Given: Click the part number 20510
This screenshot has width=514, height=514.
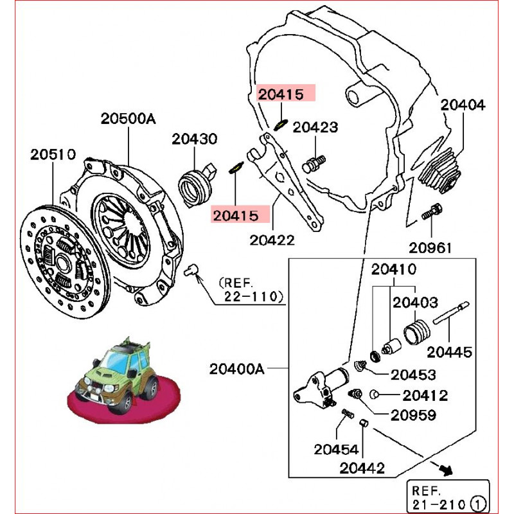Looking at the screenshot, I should tap(54, 155).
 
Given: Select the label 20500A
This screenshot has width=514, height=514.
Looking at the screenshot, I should tap(128, 119).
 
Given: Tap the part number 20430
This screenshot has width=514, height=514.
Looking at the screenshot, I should tap(195, 139).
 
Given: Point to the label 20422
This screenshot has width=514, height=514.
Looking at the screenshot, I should tap(272, 240).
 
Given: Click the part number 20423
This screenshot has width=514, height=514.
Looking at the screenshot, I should tap(315, 127).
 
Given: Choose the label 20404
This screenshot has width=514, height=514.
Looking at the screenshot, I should tap(463, 105).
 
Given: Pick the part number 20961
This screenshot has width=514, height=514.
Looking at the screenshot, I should tap(432, 247).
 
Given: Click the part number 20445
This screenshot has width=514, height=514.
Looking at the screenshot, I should tap(450, 352).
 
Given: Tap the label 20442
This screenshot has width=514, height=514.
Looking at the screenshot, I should tap(363, 468).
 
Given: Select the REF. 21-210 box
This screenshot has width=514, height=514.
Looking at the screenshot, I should tap(448, 496).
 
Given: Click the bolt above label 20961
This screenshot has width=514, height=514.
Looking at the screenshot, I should tap(431, 213).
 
